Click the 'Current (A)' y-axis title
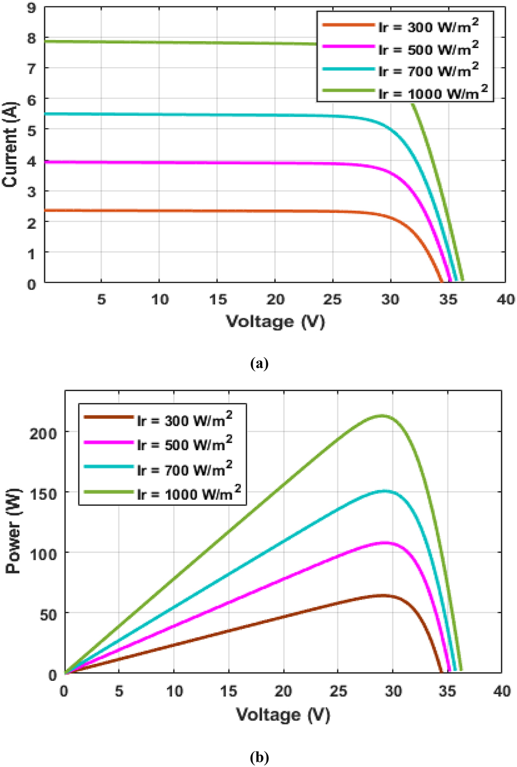(10, 144)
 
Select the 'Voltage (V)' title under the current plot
(275, 321)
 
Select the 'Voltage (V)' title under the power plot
(283, 714)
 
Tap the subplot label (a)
(259, 364)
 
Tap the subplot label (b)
(259, 757)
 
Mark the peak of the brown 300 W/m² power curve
(382, 595)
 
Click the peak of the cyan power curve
(384, 491)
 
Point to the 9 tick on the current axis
(32, 7)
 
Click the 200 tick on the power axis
(43, 433)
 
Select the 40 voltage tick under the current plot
(505, 300)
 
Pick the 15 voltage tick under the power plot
(229, 691)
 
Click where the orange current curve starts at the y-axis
(45, 210)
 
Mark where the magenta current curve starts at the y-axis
(45, 162)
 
